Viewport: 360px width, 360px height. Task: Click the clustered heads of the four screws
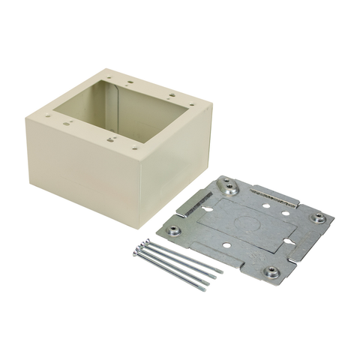(139, 247)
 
